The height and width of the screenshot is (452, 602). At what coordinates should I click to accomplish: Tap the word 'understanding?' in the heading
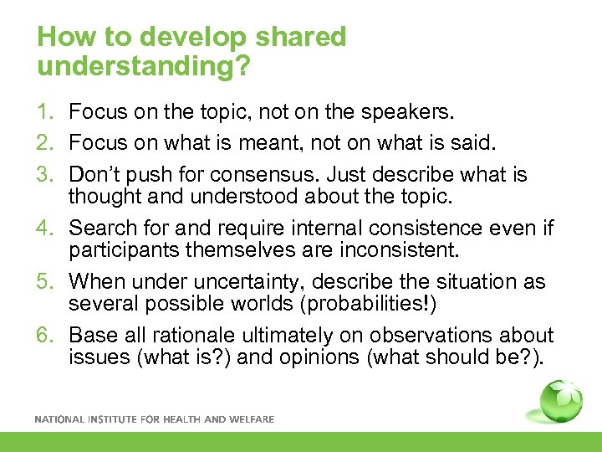pos(143,66)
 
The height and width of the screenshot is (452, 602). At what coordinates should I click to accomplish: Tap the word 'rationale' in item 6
pos(189,335)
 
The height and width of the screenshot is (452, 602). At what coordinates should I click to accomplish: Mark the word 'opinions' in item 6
pos(311,359)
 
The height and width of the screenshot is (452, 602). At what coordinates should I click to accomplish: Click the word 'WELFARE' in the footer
pos(251,419)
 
